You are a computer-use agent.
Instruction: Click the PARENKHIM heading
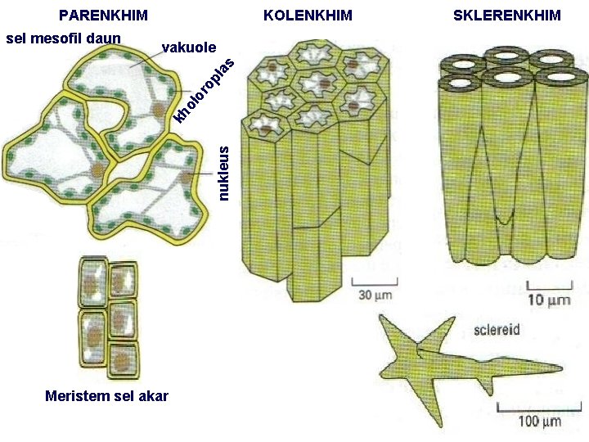pos(103,16)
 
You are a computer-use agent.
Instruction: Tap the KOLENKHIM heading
pos(308,16)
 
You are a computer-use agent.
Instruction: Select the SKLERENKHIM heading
pos(506,16)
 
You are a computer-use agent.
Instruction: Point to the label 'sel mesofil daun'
pos(63,38)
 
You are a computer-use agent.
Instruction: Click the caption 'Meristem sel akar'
pos(107,396)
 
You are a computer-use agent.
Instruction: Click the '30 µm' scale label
pos(371,295)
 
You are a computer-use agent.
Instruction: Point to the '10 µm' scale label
pos(548,300)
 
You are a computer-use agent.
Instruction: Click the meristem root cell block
pos(108,316)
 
